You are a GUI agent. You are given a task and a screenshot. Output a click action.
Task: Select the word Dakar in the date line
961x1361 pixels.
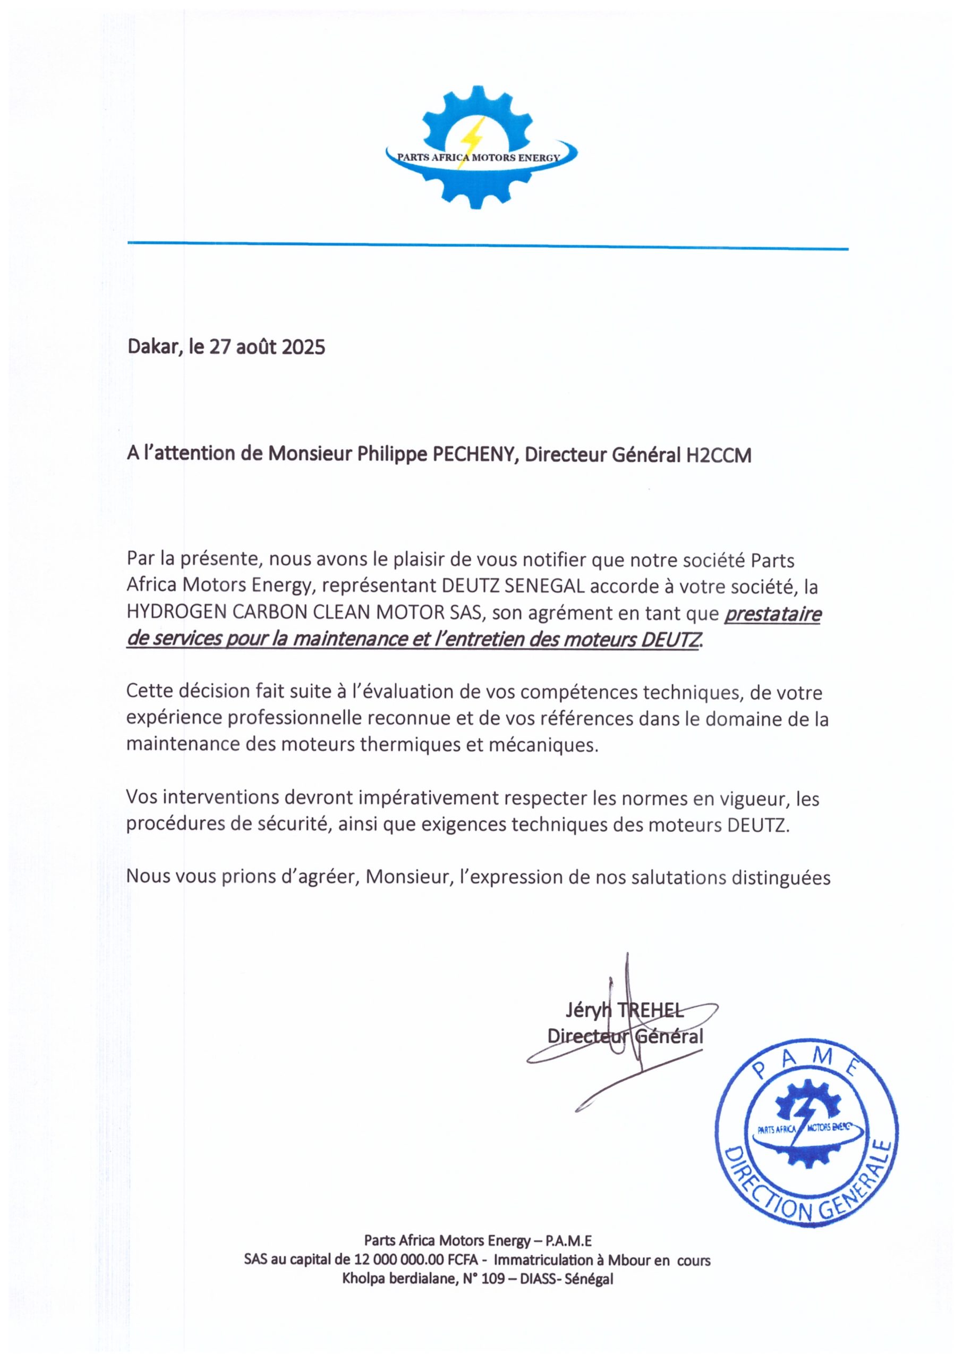[x=153, y=346]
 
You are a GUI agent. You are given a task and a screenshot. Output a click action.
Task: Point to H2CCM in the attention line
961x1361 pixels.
[x=718, y=455]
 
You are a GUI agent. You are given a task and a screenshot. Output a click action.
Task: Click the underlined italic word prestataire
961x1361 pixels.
[x=772, y=614]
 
